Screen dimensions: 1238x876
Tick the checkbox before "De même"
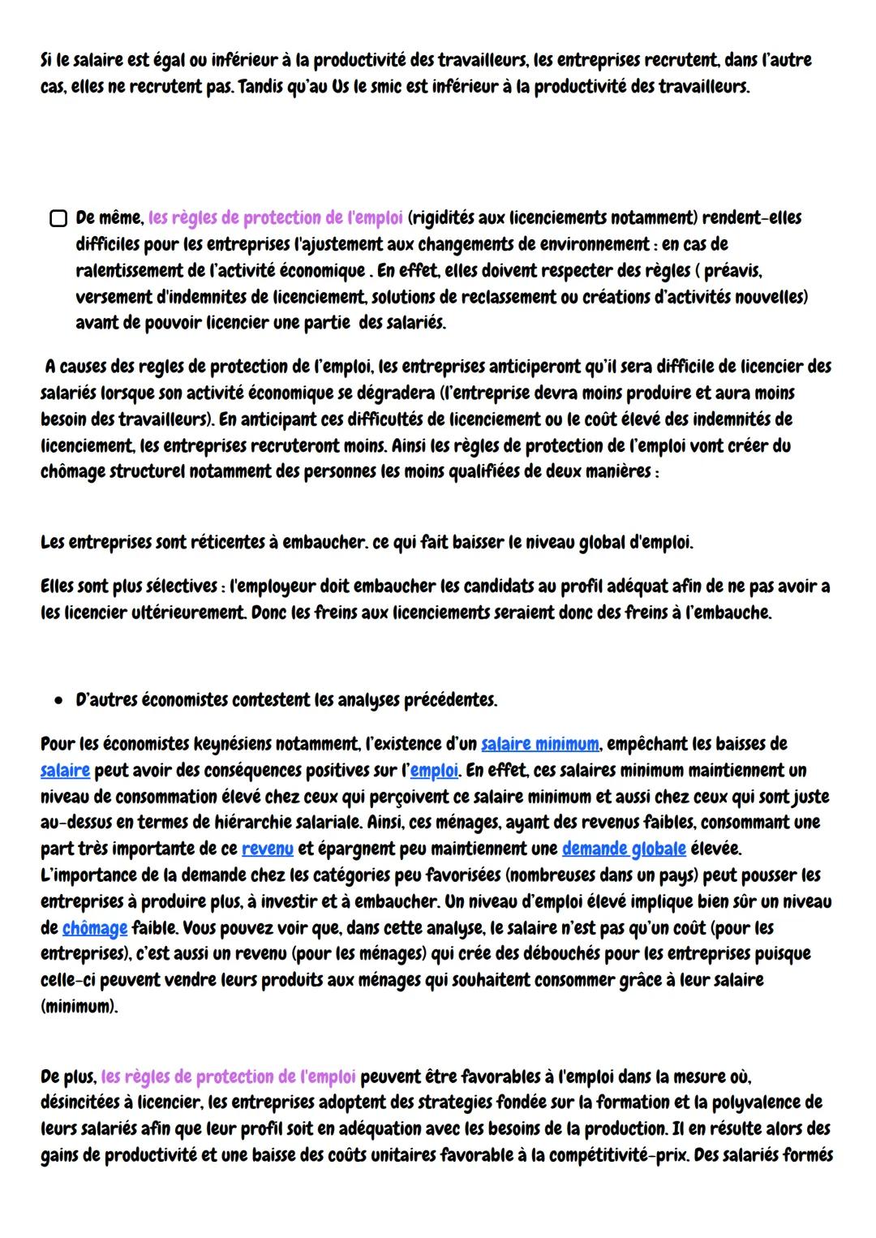tap(58, 218)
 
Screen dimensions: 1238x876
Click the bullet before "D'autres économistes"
tap(58, 699)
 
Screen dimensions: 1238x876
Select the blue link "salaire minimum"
tap(540, 743)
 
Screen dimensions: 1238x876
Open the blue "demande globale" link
tap(623, 849)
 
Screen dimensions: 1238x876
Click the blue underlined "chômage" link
tap(95, 927)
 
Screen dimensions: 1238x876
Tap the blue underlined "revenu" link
tap(267, 849)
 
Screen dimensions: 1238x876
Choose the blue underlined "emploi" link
tap(433, 769)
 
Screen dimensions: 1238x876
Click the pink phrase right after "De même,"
tap(276, 217)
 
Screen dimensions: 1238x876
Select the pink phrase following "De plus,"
tap(229, 1077)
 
